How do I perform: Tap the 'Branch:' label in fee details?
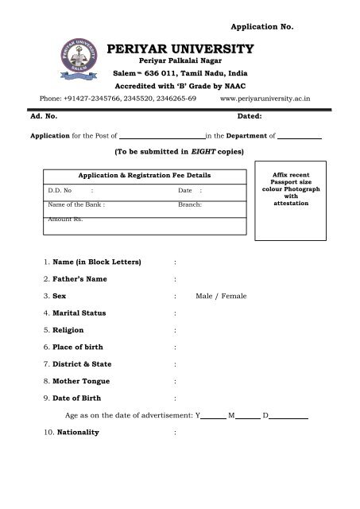pos(190,204)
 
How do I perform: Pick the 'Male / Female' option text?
pos(220,296)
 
